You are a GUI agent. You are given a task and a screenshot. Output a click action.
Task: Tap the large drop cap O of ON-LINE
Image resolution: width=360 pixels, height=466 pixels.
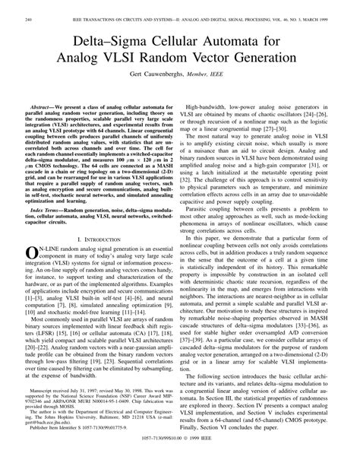pos(31,274)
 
